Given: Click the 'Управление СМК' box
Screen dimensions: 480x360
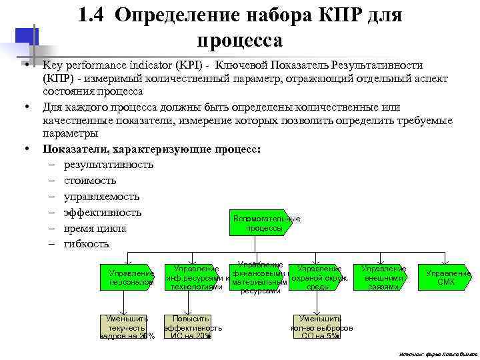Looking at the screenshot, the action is pos(446,277).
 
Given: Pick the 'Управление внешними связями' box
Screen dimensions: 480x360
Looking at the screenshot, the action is pos(383,277).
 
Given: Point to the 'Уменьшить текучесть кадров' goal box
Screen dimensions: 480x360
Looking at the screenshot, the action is pos(127,327).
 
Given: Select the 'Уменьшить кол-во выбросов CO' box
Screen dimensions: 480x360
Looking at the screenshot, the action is pos(319,327).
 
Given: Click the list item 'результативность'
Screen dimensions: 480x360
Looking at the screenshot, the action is pos(109,165).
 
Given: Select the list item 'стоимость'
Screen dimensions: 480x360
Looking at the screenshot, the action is pos(90,181).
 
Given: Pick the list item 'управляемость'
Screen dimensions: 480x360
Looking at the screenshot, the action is pos(101,197).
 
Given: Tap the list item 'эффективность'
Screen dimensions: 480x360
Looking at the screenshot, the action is pos(103,213).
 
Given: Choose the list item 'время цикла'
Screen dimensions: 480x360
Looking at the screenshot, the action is pos(95,229).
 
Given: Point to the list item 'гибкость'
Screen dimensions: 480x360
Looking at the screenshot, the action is pos(87,244).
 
